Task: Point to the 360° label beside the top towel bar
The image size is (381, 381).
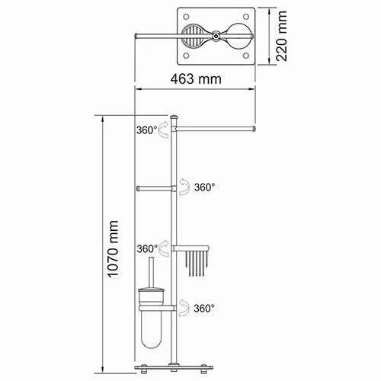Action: tap(147, 130)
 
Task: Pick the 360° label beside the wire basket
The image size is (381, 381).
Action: tap(147, 248)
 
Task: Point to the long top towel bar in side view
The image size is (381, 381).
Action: tap(217, 130)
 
